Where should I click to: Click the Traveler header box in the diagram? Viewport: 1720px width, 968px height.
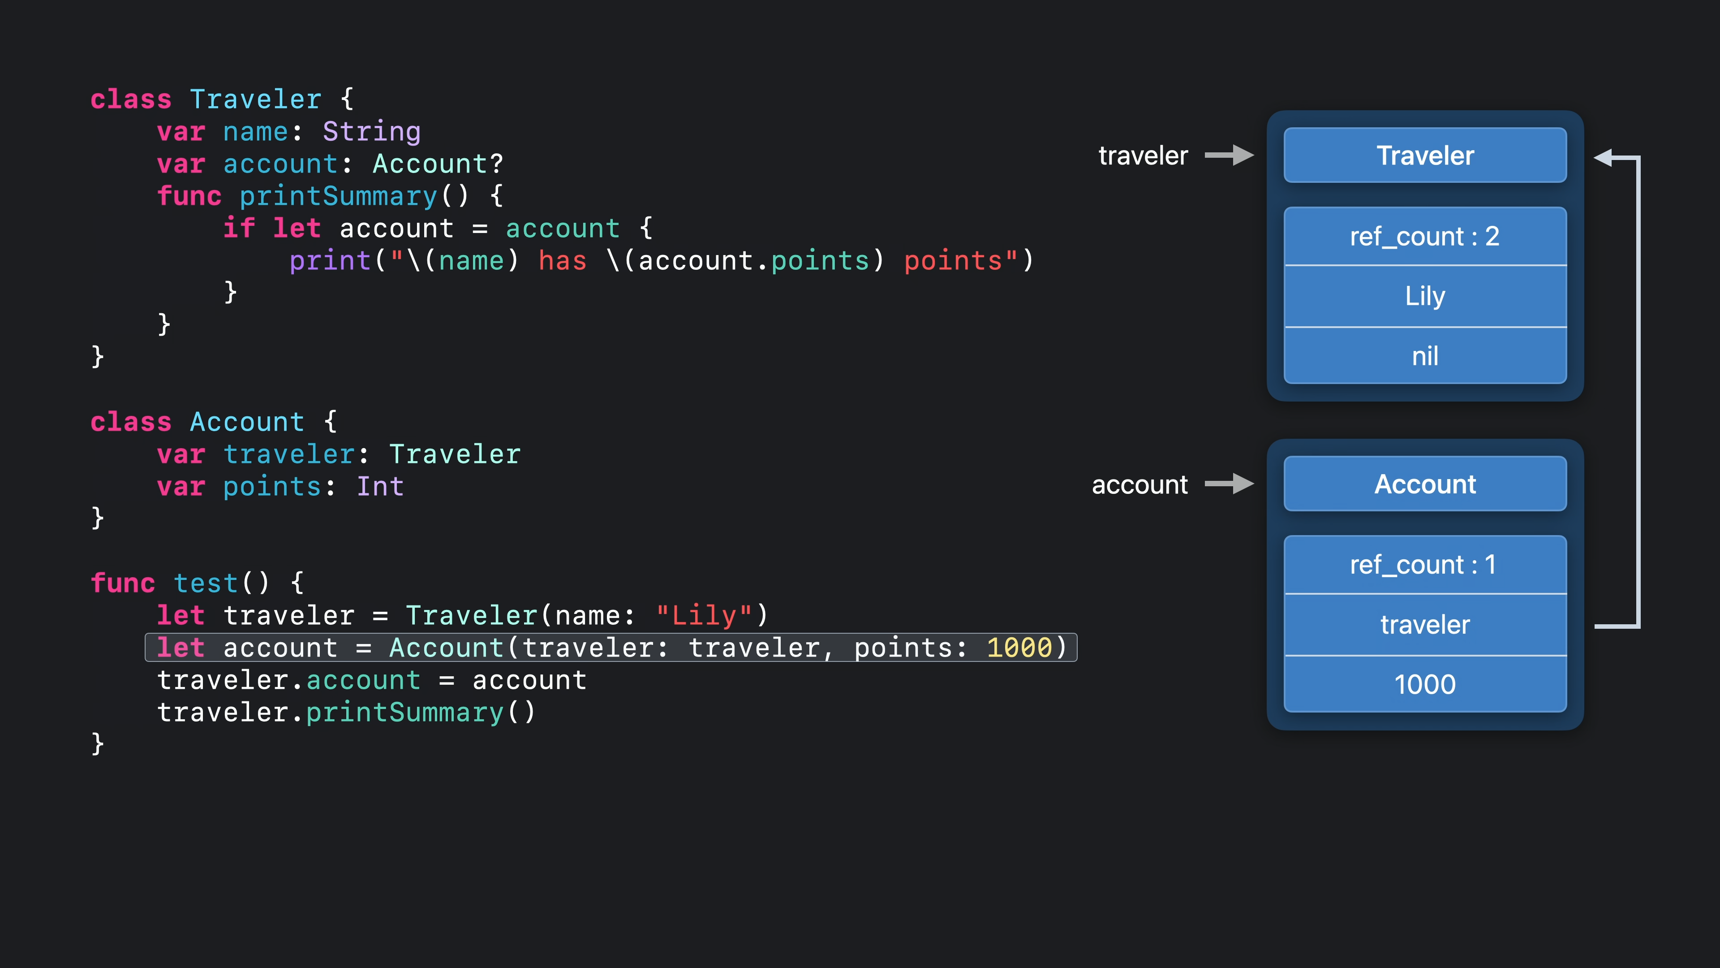pyautogui.click(x=1425, y=155)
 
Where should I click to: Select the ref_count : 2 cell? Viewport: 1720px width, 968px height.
pyautogui.click(x=1425, y=237)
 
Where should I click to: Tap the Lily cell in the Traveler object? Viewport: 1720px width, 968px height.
pyautogui.click(x=1425, y=296)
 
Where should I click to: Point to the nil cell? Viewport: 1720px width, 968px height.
pyautogui.click(x=1425, y=356)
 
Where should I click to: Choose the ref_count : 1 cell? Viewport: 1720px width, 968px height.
pyautogui.click(x=1425, y=565)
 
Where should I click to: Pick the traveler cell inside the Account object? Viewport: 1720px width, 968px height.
pyautogui.click(x=1425, y=625)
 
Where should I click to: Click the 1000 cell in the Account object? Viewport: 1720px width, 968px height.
pyautogui.click(x=1425, y=684)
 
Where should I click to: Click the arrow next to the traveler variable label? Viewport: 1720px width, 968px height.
pyautogui.click(x=1229, y=155)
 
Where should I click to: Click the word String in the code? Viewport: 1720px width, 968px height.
pyautogui.click(x=372, y=132)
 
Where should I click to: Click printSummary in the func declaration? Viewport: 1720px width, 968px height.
pyautogui.click(x=338, y=196)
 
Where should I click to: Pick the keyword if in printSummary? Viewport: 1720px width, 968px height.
pyautogui.click(x=238, y=229)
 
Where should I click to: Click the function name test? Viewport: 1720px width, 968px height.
pyautogui.click(x=206, y=583)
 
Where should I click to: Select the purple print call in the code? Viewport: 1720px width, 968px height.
pyautogui.click(x=330, y=260)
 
